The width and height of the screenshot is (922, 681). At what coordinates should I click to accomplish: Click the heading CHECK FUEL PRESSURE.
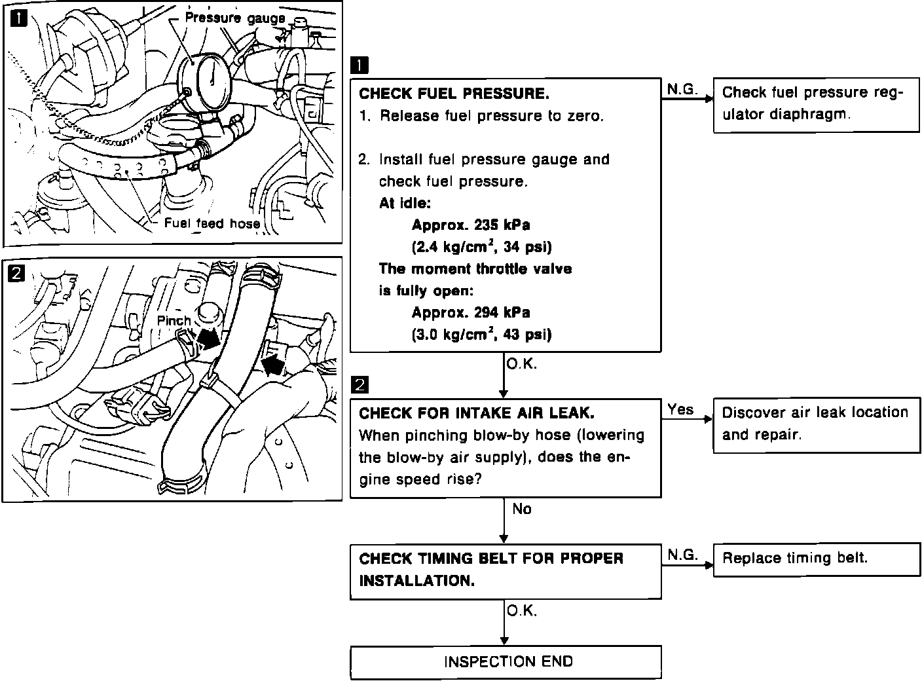454,94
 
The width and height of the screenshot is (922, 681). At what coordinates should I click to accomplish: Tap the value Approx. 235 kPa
470,225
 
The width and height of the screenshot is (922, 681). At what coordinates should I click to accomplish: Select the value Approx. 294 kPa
470,312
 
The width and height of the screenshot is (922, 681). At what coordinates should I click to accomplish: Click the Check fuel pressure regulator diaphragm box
816,104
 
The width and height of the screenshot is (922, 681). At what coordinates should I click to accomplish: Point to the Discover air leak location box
816,424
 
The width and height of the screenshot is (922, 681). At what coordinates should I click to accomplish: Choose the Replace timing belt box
816,559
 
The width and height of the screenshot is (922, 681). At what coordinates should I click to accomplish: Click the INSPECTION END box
506,661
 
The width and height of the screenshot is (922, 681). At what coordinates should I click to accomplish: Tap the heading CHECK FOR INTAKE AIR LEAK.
477,413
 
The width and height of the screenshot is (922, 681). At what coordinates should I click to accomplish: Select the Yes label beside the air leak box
680,410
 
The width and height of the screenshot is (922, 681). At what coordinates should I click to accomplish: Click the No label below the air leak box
522,509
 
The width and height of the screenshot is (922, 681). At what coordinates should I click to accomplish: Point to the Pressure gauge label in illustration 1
235,18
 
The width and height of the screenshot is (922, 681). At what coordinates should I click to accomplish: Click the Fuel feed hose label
212,223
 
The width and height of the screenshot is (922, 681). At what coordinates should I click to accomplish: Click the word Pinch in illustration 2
174,321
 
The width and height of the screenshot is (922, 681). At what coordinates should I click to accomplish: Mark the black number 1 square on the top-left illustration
18,18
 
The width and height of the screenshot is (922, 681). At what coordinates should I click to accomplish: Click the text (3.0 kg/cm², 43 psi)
481,335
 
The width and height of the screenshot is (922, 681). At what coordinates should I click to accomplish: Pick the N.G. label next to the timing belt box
682,555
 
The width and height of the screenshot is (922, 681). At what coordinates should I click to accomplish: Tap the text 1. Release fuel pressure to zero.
481,117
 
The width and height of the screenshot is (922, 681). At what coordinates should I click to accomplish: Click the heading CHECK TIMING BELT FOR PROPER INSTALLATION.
491,570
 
